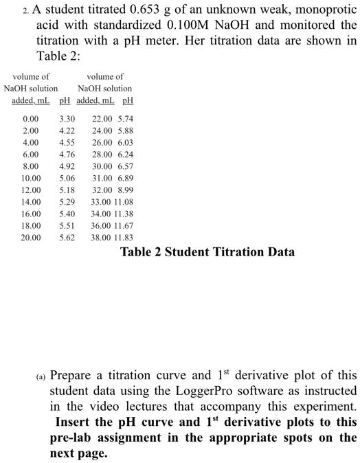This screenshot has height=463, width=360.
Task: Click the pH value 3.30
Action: (67, 118)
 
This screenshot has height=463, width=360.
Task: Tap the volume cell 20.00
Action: (31, 238)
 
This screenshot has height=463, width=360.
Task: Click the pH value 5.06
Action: (67, 178)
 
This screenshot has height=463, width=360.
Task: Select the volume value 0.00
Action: (31, 118)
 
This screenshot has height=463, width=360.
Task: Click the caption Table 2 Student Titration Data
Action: (207, 251)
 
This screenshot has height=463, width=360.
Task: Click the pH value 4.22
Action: (67, 130)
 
